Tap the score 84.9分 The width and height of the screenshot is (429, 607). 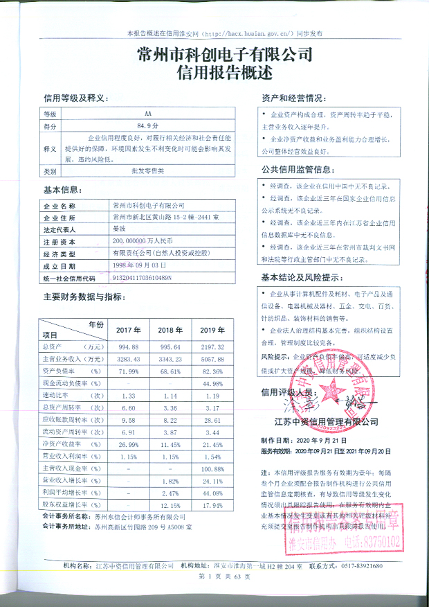(x=147, y=126)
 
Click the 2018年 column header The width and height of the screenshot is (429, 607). (x=170, y=330)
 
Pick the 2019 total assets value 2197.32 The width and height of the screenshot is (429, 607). (x=211, y=346)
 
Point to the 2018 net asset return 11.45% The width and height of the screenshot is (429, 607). (x=170, y=443)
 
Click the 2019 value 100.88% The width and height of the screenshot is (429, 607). (x=210, y=468)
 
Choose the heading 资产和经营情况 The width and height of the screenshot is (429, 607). (x=293, y=97)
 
